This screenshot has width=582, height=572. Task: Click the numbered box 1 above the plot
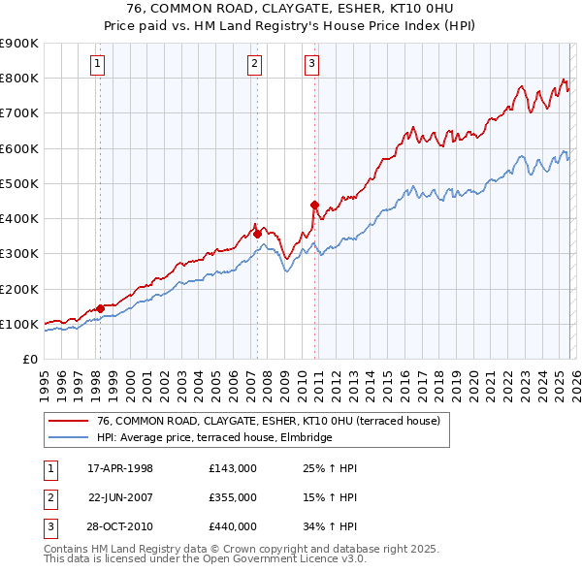click(x=99, y=65)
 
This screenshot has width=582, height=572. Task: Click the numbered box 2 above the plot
click(x=254, y=65)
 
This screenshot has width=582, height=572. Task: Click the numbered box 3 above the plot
click(x=311, y=65)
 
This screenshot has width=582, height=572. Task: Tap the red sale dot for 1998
click(x=100, y=308)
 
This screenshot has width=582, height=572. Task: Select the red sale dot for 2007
click(x=257, y=234)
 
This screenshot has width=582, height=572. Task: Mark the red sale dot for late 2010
click(x=314, y=205)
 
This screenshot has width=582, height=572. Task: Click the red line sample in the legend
click(x=68, y=421)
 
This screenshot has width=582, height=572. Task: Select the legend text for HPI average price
click(x=214, y=438)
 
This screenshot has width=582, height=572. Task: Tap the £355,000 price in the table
click(x=233, y=496)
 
